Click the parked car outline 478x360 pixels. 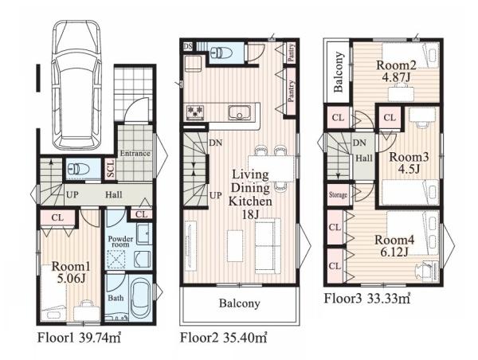(x=76, y=84)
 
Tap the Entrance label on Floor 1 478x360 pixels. (x=135, y=154)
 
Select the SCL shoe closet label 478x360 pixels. (x=111, y=169)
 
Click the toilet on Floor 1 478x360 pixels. (x=78, y=169)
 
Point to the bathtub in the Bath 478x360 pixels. (x=140, y=299)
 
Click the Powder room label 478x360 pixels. (x=120, y=241)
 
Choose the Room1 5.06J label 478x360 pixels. (x=71, y=272)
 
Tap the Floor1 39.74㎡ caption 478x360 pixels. (x=79, y=338)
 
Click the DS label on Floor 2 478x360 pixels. (x=188, y=46)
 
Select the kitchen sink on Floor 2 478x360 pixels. (x=240, y=113)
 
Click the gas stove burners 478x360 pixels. (x=195, y=112)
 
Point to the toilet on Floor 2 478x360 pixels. (x=221, y=53)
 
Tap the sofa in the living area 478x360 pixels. (x=268, y=244)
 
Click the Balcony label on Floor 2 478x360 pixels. (x=239, y=303)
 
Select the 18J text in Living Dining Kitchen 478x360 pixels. (x=250, y=214)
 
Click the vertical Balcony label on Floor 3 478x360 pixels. (x=338, y=72)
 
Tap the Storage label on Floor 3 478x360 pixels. (x=338, y=194)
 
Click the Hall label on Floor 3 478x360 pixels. (x=364, y=158)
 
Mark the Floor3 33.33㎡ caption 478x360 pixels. (x=367, y=299)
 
